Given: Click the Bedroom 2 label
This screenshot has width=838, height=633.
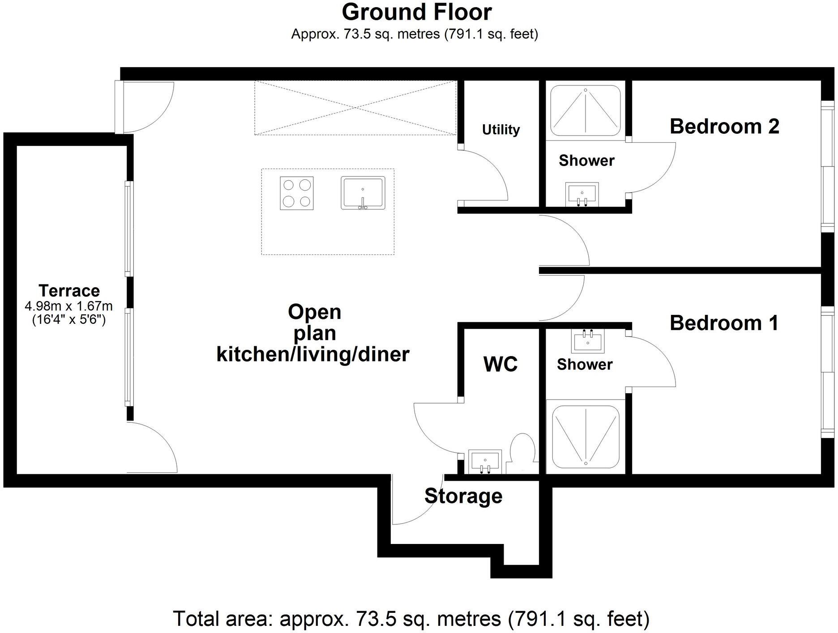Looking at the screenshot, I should (724, 127).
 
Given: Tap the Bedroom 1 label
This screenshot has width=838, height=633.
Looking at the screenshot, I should (724, 323).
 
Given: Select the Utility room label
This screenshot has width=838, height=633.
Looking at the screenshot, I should (500, 130).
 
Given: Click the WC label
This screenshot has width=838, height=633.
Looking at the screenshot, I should (500, 365).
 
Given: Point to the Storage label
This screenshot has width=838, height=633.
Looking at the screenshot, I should (463, 496).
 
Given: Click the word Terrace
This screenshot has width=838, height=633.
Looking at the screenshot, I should (69, 291).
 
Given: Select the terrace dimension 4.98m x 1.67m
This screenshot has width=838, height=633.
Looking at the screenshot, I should (69, 306).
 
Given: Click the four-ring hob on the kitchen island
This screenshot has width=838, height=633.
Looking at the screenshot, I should (296, 193).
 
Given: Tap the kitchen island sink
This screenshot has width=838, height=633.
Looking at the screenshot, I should (363, 193).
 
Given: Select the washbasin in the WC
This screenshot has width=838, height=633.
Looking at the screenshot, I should (484, 461).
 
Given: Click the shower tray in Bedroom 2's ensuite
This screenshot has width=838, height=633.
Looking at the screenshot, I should (585, 110).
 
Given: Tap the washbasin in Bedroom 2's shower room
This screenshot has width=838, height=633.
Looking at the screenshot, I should (582, 194).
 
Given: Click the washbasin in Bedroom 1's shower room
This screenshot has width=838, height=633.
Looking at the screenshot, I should (588, 340).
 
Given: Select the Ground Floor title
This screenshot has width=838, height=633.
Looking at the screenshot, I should (416, 12).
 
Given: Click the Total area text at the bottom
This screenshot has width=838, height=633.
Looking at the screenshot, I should (411, 619).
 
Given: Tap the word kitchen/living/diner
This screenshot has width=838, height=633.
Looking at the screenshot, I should (313, 354).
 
